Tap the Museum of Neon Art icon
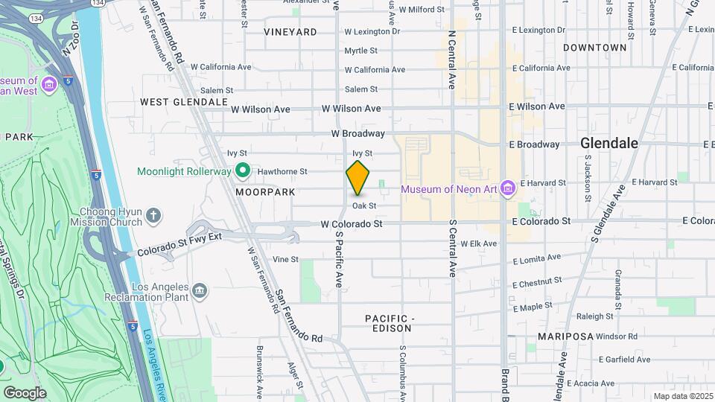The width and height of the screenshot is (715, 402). pyautogui.click(x=508, y=188)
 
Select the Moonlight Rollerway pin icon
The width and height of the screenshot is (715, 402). pyautogui.click(x=243, y=171)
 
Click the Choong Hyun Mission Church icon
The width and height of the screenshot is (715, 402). pyautogui.click(x=153, y=217)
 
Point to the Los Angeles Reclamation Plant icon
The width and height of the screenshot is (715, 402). pyautogui.click(x=200, y=290)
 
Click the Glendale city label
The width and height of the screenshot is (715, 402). pyautogui.click(x=609, y=143)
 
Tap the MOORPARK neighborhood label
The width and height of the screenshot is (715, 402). pyautogui.click(x=266, y=192)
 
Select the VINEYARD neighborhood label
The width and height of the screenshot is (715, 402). pyautogui.click(x=290, y=32)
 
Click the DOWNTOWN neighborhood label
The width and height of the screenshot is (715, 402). pyautogui.click(x=594, y=48)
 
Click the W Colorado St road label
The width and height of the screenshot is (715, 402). pyautogui.click(x=352, y=223)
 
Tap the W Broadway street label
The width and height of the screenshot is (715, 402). pyautogui.click(x=358, y=133)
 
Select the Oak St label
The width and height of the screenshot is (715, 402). pyautogui.click(x=364, y=205)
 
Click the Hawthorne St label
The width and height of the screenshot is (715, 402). pyautogui.click(x=283, y=171)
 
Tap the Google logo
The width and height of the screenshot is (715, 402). pyautogui.click(x=25, y=392)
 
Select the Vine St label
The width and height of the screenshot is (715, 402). pyautogui.click(x=285, y=259)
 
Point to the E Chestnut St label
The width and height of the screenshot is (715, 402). pyautogui.click(x=536, y=282)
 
